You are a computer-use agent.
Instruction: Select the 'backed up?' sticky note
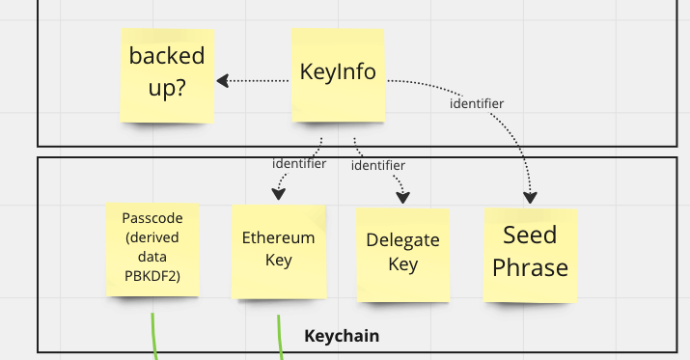[x=167, y=72]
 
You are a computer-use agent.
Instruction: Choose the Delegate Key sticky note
[x=402, y=253]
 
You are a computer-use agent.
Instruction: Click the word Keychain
[x=342, y=336]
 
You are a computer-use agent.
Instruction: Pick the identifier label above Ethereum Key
[x=298, y=163]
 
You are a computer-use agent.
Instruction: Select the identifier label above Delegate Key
[x=377, y=165]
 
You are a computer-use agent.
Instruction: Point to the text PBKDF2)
[x=152, y=276]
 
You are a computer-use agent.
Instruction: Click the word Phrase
[x=530, y=267]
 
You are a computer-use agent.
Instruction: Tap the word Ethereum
[x=278, y=238]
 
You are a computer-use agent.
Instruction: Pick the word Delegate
[x=402, y=240]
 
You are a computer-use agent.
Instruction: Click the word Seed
[x=530, y=235]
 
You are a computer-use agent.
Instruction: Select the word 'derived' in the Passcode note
[x=152, y=238]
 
